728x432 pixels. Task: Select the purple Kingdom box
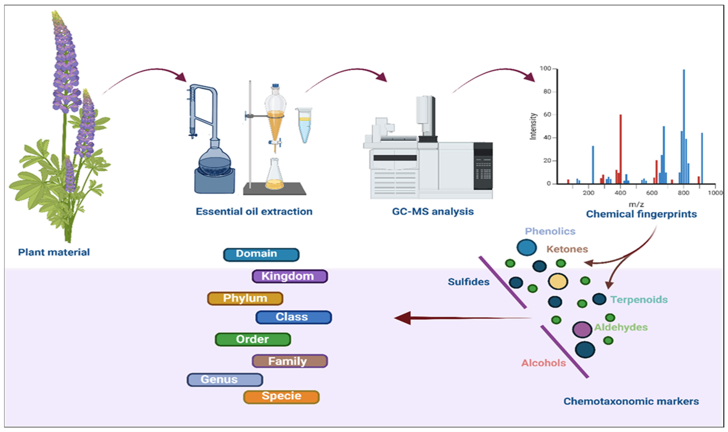coord(290,276)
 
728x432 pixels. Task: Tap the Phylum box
coord(245,298)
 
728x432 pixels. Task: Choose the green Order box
coord(253,339)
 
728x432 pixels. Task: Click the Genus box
coord(225,380)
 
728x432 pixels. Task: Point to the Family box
coord(290,361)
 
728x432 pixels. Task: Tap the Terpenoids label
coord(639,299)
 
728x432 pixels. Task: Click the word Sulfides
coord(469,282)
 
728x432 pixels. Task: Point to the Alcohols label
coord(543,363)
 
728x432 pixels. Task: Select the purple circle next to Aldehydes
coord(582,329)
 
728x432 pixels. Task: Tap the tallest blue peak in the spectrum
coord(684,127)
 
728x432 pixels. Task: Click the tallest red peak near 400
coord(620,149)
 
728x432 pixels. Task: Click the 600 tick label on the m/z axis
coord(652,193)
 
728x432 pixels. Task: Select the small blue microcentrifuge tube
coord(304,125)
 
